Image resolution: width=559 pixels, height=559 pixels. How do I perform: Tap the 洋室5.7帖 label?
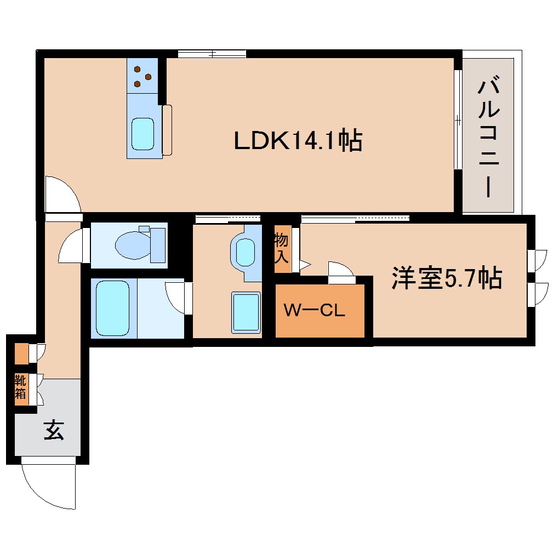click(x=446, y=278)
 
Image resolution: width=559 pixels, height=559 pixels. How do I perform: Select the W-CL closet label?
click(x=314, y=311)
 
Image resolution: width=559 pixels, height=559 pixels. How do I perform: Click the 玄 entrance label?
click(x=53, y=430)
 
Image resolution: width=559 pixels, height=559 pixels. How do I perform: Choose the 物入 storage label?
click(x=281, y=248)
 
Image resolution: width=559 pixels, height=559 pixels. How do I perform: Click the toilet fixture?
click(x=137, y=244)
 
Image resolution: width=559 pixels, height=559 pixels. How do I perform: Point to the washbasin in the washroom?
click(x=243, y=252)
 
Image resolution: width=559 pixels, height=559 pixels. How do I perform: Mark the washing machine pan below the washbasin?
click(x=246, y=312)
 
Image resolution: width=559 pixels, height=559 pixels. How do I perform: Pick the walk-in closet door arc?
click(x=340, y=271)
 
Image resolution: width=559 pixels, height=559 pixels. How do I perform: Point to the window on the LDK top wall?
click(x=212, y=54)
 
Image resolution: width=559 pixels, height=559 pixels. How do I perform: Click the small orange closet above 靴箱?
click(x=21, y=353)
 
